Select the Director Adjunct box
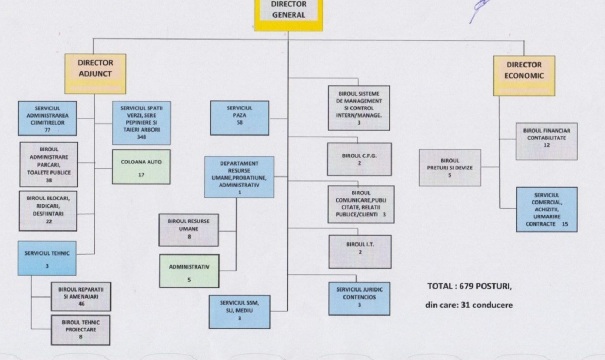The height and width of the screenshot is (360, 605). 95,73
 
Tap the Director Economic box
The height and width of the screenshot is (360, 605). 524,75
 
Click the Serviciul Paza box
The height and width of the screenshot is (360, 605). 239,117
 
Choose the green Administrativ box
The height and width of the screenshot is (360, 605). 189,271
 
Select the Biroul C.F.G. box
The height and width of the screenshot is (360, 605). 359,159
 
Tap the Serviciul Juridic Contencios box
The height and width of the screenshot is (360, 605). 359,297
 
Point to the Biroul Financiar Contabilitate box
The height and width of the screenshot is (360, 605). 547,141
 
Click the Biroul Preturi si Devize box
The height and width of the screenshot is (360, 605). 449,167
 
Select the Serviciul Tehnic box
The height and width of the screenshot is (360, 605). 47,258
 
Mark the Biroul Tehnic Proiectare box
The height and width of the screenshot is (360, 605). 81,330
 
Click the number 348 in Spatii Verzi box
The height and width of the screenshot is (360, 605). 142,137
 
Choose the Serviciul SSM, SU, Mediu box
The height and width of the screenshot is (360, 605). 239,310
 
